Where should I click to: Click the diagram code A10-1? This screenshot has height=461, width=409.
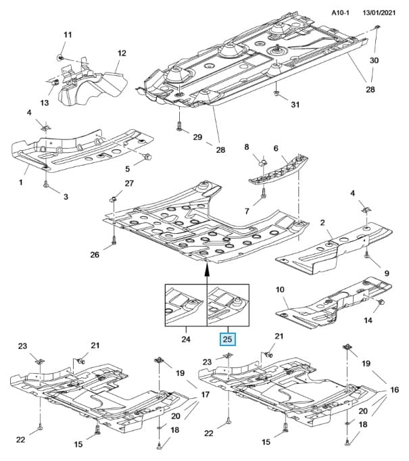pos(342,11)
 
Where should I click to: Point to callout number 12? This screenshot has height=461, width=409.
pos(122,53)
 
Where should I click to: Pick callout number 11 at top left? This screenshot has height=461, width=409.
pos(67,34)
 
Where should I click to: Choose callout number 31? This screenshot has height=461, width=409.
pos(294,104)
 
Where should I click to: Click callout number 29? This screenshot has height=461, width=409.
pos(197,137)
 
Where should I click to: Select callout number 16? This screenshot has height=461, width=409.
pos(394,390)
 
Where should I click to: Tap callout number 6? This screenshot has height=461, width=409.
pos(276,149)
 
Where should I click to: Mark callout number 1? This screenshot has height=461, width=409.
pos(21,183)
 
